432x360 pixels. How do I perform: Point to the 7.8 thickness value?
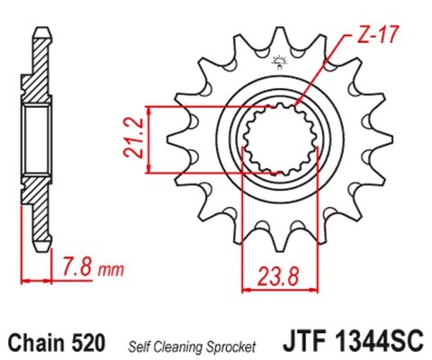pyautogui.click(x=78, y=266)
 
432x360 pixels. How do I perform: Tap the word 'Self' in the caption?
pyautogui.click(x=146, y=345)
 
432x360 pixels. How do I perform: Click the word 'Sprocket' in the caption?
pyautogui.click(x=236, y=345)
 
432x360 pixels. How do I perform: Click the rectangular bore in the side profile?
pyautogui.click(x=39, y=139)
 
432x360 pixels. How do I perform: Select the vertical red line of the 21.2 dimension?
pyautogui.click(x=147, y=139)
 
